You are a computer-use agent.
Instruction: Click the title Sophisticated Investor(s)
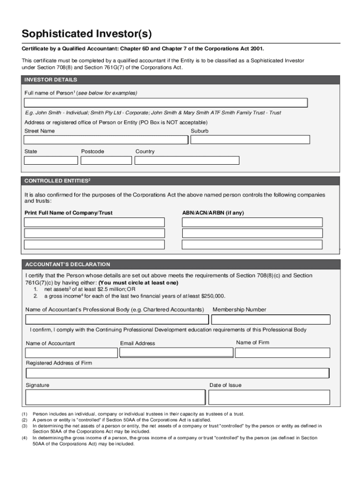pyautogui.click(x=86, y=34)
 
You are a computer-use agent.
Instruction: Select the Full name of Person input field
pyautogui.click(x=166, y=103)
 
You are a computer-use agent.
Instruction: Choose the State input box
pyautogui.click(x=51, y=160)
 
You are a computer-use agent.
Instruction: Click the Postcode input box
pyautogui.click(x=106, y=160)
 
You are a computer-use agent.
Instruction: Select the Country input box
pyautogui.click(x=187, y=160)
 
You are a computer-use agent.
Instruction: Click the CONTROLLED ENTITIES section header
pyautogui.click(x=57, y=181)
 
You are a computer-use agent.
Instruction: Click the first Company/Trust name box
pyautogui.click(x=94, y=222)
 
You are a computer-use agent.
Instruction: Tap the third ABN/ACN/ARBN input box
pyautogui.click(x=252, y=245)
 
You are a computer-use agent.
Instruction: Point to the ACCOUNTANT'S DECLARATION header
pyautogui.click(x=68, y=264)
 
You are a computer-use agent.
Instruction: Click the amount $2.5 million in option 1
pyautogui.click(x=107, y=290)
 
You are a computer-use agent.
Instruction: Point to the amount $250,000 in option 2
pyautogui.click(x=213, y=296)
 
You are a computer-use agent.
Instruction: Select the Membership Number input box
pyautogui.click(x=271, y=319)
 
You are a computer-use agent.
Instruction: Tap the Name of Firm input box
pyautogui.click(x=282, y=353)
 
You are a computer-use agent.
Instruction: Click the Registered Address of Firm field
pyautogui.click(x=178, y=373)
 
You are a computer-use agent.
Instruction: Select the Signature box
pyautogui.click(x=115, y=397)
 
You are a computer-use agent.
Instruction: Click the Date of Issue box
pyautogui.click(x=269, y=397)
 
